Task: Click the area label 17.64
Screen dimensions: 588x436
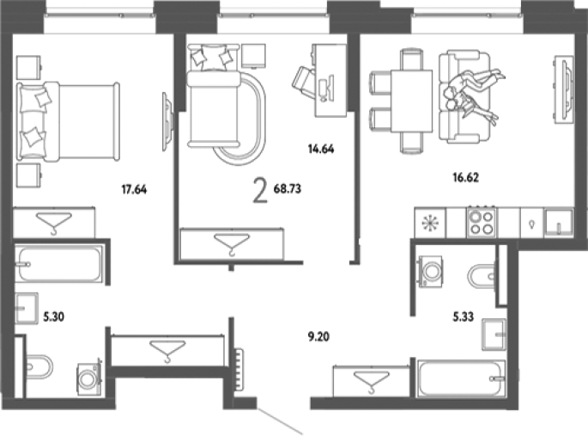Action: click(x=134, y=189)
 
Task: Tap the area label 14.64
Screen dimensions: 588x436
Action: click(x=321, y=149)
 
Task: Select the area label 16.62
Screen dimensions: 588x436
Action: click(x=466, y=177)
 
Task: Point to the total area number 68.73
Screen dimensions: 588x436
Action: click(x=288, y=188)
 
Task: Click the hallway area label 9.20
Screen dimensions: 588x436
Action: click(x=318, y=336)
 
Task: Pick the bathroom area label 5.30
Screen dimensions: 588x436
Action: click(x=53, y=317)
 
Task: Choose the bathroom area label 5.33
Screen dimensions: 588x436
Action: click(x=464, y=317)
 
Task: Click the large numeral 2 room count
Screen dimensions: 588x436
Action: click(x=260, y=190)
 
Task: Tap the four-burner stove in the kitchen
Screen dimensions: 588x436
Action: click(x=482, y=222)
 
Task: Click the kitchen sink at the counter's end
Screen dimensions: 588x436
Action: click(x=559, y=223)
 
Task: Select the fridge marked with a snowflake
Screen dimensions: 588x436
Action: click(x=430, y=223)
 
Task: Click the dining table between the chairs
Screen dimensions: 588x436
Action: click(x=411, y=101)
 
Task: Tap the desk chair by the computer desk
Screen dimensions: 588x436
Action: click(x=303, y=83)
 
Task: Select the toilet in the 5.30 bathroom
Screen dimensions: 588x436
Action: click(x=39, y=366)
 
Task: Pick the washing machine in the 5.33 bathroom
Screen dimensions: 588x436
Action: click(x=430, y=272)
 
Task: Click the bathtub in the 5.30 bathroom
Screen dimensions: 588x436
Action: click(x=59, y=264)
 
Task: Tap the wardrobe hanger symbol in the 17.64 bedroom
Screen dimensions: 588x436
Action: click(x=54, y=224)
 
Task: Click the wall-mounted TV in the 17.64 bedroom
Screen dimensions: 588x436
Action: click(x=167, y=121)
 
